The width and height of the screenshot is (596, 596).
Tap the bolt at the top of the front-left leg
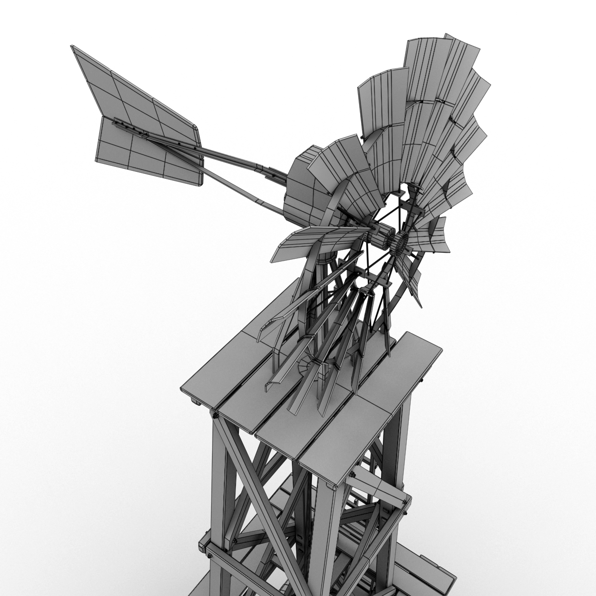click(x=215, y=413)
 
